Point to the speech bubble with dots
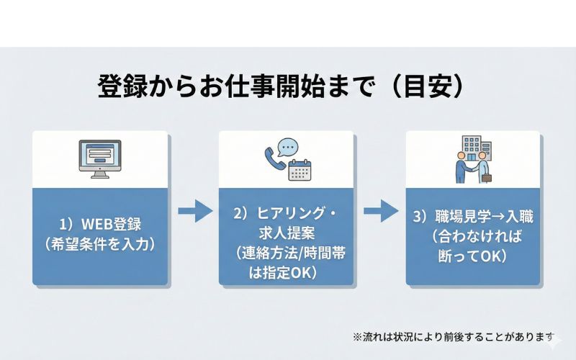(287, 147)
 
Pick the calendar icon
(298, 170)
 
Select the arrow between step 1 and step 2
(195, 211)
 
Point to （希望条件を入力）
(100, 243)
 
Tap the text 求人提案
(287, 233)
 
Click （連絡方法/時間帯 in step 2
(287, 253)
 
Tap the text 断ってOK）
(473, 255)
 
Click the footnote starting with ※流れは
(454, 336)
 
